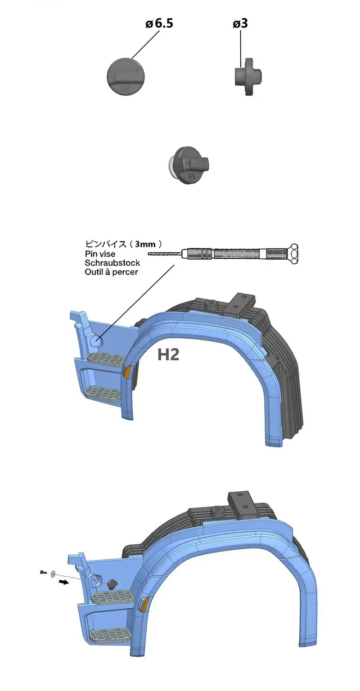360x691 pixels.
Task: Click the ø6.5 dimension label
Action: pyautogui.click(x=159, y=23)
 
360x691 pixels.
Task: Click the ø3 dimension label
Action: pyautogui.click(x=240, y=23)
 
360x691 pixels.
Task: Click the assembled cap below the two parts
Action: pyautogui.click(x=188, y=164)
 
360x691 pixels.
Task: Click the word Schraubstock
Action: pyautogui.click(x=112, y=263)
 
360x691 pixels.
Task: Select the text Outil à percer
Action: pyautogui.click(x=111, y=272)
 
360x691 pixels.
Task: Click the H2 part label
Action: pyautogui.click(x=168, y=354)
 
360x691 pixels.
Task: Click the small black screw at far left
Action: pyautogui.click(x=42, y=572)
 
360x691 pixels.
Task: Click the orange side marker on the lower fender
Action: pyautogui.click(x=145, y=605)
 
